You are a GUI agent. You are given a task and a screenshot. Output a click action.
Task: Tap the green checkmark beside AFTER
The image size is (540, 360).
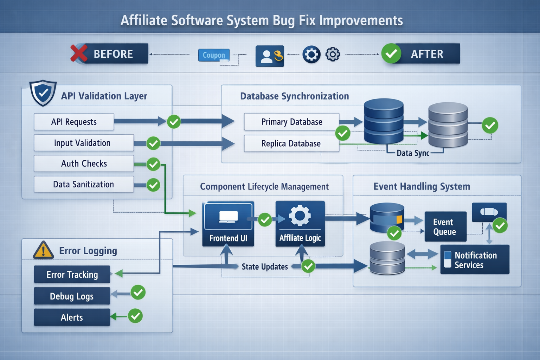[391, 54]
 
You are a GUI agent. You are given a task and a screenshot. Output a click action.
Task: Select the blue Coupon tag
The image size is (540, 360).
[214, 55]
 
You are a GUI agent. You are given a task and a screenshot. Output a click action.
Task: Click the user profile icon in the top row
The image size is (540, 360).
[269, 56]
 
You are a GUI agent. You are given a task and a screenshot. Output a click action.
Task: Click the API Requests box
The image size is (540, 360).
[74, 122]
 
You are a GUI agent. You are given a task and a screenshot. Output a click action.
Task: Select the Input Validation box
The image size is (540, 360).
[84, 143]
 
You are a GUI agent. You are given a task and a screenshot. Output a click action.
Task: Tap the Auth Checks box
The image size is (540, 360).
[84, 164]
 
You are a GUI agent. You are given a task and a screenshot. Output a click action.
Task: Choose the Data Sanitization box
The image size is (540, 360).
[84, 185]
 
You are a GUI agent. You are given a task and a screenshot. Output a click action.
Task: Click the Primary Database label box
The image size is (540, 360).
[291, 122]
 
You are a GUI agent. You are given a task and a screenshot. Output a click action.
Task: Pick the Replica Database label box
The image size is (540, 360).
[291, 143]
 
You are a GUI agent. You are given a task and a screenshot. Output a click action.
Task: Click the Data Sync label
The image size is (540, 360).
[413, 153]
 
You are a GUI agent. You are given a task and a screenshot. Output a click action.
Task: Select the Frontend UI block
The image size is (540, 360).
[228, 224]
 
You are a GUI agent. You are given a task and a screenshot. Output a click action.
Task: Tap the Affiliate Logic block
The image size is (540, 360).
[300, 224]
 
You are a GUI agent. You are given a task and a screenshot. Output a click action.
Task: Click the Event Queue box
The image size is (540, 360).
[445, 227]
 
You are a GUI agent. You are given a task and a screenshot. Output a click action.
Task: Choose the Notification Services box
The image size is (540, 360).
[475, 260]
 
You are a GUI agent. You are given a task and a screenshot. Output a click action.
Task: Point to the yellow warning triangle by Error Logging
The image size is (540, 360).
[43, 250]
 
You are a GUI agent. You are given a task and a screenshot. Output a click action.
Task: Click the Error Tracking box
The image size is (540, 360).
[72, 275]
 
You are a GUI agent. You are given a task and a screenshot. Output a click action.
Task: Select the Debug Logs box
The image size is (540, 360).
[72, 296]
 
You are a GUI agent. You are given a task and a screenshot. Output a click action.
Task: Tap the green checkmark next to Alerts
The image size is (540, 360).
[135, 316]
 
